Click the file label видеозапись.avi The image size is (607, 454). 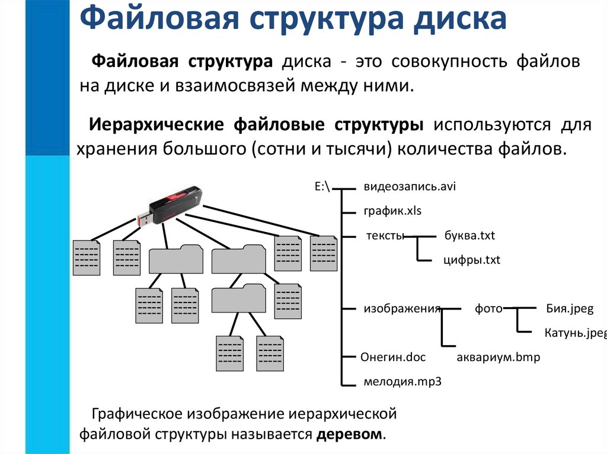[409, 186]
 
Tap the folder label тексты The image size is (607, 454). [385, 236]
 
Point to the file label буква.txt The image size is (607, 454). [469, 236]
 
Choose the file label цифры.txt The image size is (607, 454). [472, 260]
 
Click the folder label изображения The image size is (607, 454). [402, 308]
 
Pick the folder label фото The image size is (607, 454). [488, 308]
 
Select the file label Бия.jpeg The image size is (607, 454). [568, 308]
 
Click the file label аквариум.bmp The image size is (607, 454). [499, 358]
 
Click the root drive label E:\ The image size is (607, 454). [322, 186]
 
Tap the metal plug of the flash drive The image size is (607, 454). [144, 218]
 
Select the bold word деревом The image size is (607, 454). [350, 433]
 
